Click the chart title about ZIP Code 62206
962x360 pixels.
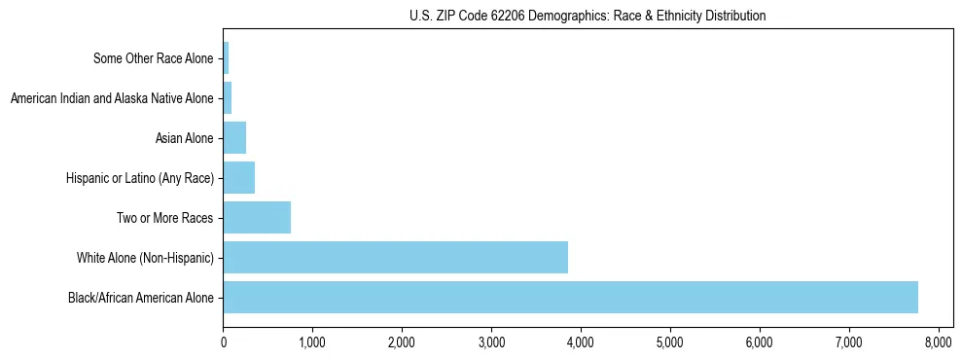click(588, 16)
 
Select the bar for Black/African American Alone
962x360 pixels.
click(570, 297)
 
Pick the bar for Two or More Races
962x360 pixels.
click(257, 217)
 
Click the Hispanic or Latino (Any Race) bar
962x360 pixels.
click(238, 178)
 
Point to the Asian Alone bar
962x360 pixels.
click(234, 138)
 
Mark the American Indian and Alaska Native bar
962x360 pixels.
click(228, 98)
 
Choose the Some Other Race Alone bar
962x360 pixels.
click(226, 58)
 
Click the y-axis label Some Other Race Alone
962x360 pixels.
click(153, 58)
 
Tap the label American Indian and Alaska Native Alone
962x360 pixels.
click(111, 98)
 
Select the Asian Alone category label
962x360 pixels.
click(184, 138)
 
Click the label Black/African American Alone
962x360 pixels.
click(140, 297)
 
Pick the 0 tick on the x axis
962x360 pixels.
click(224, 342)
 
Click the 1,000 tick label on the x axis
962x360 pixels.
click(312, 342)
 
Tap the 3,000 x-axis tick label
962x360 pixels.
click(491, 342)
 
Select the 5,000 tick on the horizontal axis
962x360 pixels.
click(670, 342)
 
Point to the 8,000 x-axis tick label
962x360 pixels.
click(938, 342)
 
